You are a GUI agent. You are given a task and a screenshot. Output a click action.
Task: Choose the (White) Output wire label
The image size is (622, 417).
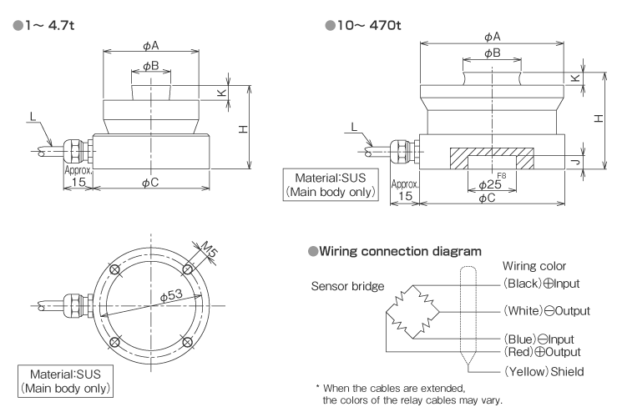(x=546, y=311)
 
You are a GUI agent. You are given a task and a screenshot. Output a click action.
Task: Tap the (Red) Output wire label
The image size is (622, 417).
(x=542, y=351)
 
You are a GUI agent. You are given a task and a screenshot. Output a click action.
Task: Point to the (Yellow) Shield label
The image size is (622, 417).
(x=544, y=370)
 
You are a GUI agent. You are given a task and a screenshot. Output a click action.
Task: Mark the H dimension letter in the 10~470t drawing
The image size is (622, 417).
(x=599, y=118)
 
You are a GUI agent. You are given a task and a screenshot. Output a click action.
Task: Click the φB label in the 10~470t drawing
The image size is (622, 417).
(x=492, y=53)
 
